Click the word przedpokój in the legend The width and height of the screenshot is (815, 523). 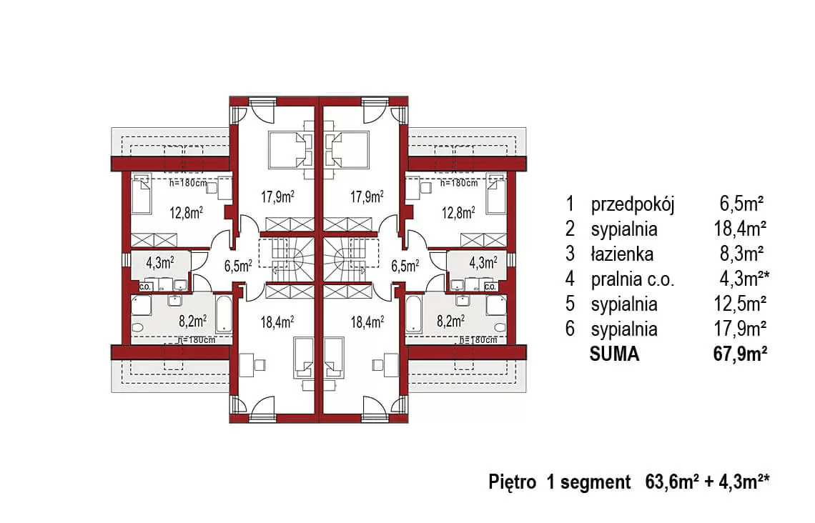632,204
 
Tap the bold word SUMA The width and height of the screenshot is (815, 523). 614,354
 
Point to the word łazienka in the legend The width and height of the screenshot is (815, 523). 622,254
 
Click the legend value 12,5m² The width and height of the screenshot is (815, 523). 744,304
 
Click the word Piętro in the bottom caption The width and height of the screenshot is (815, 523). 513,482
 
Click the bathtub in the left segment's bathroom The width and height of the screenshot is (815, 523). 223,315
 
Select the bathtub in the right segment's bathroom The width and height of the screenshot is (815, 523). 415,315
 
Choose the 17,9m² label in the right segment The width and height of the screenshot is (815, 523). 366,194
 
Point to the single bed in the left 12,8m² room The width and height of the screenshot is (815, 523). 142,194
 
